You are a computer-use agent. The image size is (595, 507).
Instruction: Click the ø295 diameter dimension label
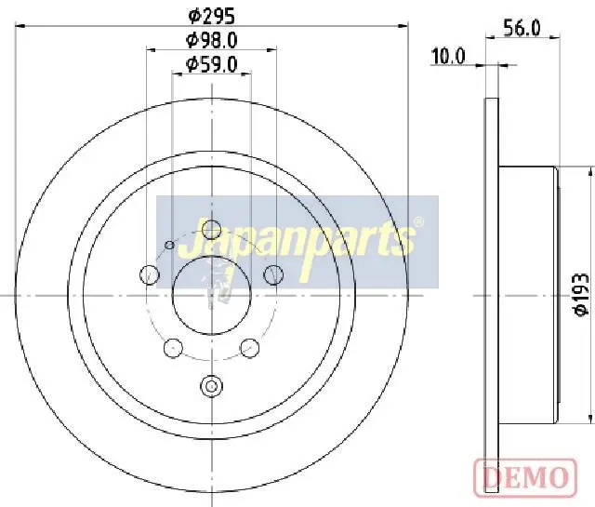click(x=211, y=16)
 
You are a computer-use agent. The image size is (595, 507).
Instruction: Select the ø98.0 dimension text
click(x=211, y=40)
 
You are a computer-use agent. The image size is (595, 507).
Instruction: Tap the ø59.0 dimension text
click(x=211, y=64)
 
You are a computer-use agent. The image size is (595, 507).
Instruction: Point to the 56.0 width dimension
click(x=522, y=28)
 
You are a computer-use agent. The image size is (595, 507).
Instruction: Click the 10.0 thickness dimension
click(x=448, y=56)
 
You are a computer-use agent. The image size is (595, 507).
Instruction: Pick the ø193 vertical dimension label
click(x=581, y=294)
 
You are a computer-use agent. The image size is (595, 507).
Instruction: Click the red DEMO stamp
click(x=525, y=477)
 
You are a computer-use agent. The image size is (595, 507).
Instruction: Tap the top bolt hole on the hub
click(x=211, y=230)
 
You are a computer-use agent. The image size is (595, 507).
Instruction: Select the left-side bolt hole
click(x=149, y=274)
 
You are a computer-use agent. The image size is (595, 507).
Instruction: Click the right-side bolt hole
click(x=273, y=274)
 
